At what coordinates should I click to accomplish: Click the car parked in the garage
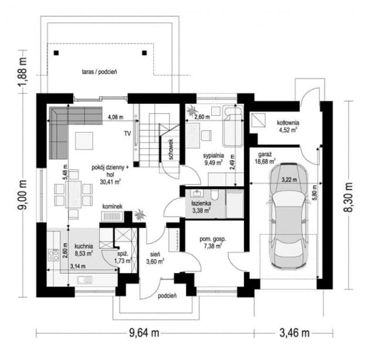(x=289, y=216)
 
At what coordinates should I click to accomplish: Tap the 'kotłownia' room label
(x=288, y=123)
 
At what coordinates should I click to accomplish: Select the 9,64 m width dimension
(x=144, y=333)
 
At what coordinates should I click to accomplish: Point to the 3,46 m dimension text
(x=295, y=333)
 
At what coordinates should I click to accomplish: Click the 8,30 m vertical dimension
(x=349, y=197)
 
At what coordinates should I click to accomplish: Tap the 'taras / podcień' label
(x=99, y=72)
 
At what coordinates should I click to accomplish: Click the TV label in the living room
(x=127, y=133)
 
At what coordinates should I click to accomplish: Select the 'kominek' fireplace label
(x=113, y=206)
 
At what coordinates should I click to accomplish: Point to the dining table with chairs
(x=73, y=194)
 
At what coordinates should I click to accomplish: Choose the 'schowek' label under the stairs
(x=171, y=149)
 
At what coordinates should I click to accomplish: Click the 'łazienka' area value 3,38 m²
(x=201, y=210)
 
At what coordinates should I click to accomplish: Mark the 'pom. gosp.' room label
(x=213, y=239)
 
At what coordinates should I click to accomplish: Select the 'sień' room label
(x=155, y=254)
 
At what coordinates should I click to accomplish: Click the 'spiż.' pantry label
(x=123, y=254)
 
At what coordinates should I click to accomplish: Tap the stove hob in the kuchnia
(x=53, y=255)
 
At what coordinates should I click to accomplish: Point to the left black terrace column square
(x=56, y=53)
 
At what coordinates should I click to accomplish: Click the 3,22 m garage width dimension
(x=289, y=180)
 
